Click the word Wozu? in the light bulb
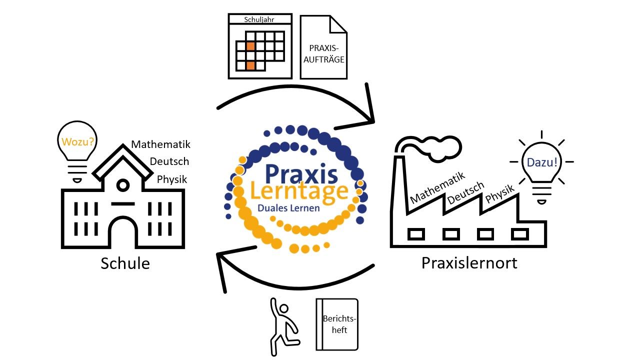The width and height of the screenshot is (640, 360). [x=77, y=141]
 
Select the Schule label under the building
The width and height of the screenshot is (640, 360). [x=125, y=263]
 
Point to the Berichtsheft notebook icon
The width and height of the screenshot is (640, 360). [x=337, y=324]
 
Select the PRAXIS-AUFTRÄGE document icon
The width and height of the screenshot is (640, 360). [x=323, y=47]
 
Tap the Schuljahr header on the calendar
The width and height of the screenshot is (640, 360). [x=260, y=19]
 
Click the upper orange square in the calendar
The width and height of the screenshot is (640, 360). [x=250, y=46]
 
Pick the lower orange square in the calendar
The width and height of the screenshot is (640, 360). [x=250, y=65]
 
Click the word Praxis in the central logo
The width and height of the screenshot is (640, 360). [x=301, y=173]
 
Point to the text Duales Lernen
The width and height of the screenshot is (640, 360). [x=288, y=207]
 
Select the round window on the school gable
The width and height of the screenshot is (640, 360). [x=122, y=185]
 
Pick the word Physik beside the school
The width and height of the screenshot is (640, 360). [x=172, y=179]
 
